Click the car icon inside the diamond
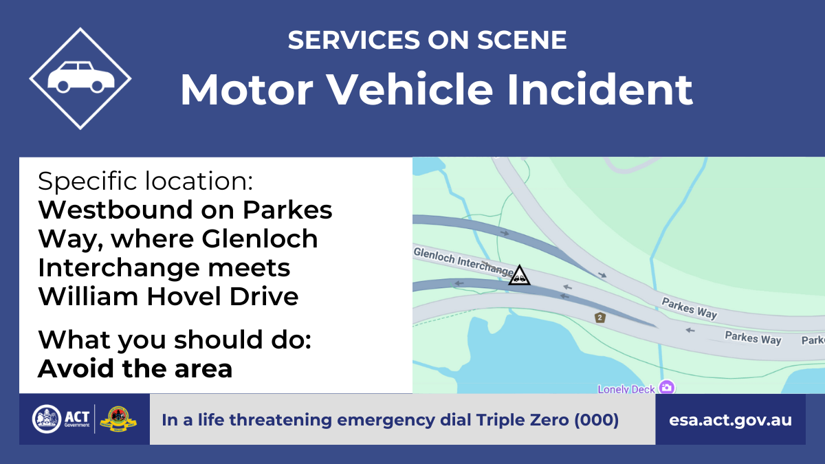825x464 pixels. [80, 77]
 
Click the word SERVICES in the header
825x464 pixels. [353, 40]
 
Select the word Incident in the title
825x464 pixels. [600, 89]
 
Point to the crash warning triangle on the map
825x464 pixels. [519, 276]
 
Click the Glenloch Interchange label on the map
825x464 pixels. [463, 261]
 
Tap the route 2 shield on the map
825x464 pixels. [600, 318]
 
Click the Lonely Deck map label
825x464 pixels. [626, 389]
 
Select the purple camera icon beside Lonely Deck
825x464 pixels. [667, 387]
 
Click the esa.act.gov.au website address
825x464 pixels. [730, 420]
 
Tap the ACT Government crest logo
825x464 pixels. [47, 419]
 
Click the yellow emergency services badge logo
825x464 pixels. [118, 419]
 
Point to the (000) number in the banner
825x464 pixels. [597, 420]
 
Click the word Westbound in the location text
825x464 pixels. [115, 210]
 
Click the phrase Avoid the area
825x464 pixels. [135, 368]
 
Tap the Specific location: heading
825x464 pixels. [146, 181]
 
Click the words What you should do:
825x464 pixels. [175, 340]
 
